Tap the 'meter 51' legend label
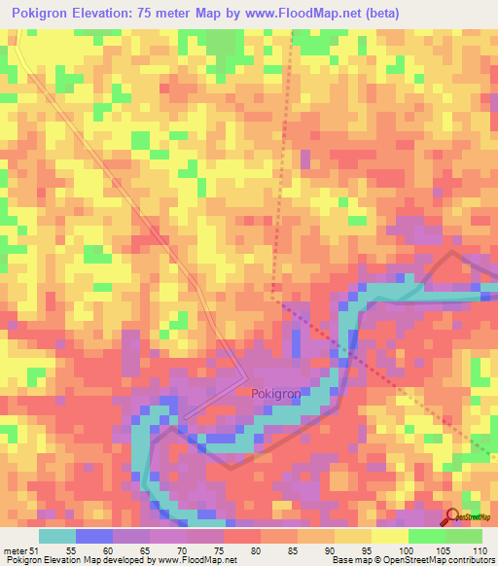[x=20, y=550]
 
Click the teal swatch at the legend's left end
[x=56, y=536]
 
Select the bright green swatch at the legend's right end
[x=463, y=536]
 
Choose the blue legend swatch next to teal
[x=93, y=536]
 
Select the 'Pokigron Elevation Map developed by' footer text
[x=78, y=561]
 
